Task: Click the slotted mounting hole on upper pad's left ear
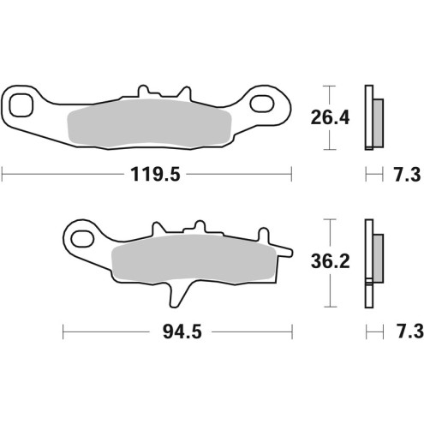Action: [x=23, y=105]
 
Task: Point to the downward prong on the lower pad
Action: [x=176, y=296]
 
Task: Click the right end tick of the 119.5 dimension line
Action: [x=291, y=175]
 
